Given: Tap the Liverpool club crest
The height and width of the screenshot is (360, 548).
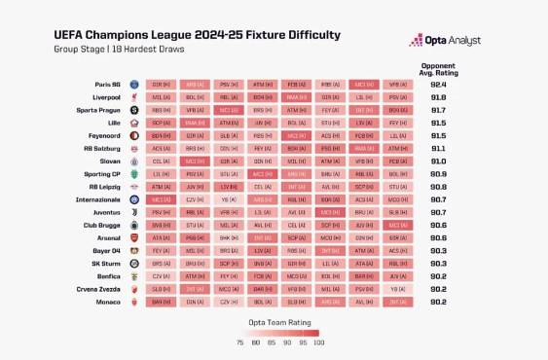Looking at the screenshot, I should (133, 98).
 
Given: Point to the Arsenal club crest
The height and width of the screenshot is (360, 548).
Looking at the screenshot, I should (133, 237).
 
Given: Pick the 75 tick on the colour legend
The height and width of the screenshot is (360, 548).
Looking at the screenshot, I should (239, 342).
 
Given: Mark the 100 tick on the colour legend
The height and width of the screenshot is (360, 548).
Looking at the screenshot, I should (318, 342).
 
